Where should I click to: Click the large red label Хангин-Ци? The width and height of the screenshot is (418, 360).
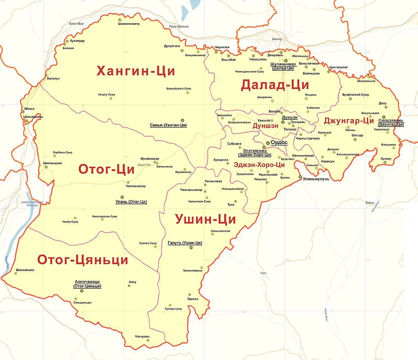[x=136, y=71]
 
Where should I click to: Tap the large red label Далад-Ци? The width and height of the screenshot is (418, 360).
[x=275, y=85]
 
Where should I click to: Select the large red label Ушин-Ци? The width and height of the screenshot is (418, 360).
[x=205, y=219]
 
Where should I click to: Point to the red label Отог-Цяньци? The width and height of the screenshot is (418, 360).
[x=83, y=260]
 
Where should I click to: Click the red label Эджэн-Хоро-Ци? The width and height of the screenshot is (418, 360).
[x=259, y=165]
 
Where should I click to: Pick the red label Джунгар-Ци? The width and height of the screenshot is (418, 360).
[x=349, y=121]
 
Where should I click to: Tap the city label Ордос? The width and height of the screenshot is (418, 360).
[x=279, y=142]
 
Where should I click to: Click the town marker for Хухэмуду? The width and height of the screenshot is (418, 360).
[x=67, y=41]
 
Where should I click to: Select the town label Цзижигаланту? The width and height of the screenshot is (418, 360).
[x=129, y=24]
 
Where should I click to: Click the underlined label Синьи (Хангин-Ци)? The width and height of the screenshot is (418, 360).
[x=168, y=125]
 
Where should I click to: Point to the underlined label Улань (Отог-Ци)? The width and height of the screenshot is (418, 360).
[x=131, y=202]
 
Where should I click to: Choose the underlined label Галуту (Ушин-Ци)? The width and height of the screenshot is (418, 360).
[x=185, y=243]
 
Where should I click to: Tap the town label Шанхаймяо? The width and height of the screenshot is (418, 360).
[x=25, y=270]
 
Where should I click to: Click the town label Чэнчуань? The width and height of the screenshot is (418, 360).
[x=142, y=336]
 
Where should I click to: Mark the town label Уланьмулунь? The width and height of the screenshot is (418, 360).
[x=316, y=179]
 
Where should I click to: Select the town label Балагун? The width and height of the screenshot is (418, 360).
[x=53, y=78]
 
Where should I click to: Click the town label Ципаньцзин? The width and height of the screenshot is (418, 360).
[x=53, y=163]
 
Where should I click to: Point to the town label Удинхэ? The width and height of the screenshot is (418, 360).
[x=193, y=299]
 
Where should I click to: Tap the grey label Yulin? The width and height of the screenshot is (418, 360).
[x=263, y=273]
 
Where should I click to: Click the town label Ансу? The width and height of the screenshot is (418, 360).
[x=133, y=282]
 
